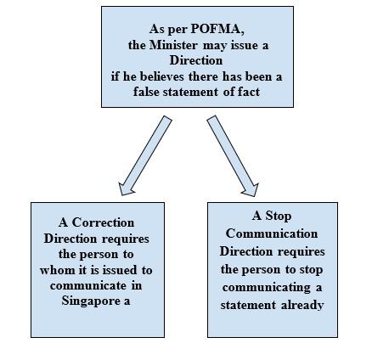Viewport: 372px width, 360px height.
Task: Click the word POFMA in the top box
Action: [215, 29]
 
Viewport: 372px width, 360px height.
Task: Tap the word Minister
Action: [172, 45]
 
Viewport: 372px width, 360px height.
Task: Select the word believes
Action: [162, 76]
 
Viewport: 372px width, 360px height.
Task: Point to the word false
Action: [146, 92]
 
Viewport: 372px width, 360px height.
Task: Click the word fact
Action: [249, 92]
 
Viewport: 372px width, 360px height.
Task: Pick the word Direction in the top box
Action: [196, 60]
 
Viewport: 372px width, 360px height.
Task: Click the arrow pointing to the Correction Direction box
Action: [145, 155]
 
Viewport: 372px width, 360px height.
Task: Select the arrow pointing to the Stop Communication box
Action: [233, 156]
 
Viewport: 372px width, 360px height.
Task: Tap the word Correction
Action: [103, 222]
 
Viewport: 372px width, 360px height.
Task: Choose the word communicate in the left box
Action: [88, 285]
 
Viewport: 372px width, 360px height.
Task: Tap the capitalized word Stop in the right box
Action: [279, 217]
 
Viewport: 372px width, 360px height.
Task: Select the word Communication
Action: [272, 233]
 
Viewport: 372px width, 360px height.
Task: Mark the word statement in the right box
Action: [248, 306]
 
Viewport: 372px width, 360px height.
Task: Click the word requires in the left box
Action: [126, 239]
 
